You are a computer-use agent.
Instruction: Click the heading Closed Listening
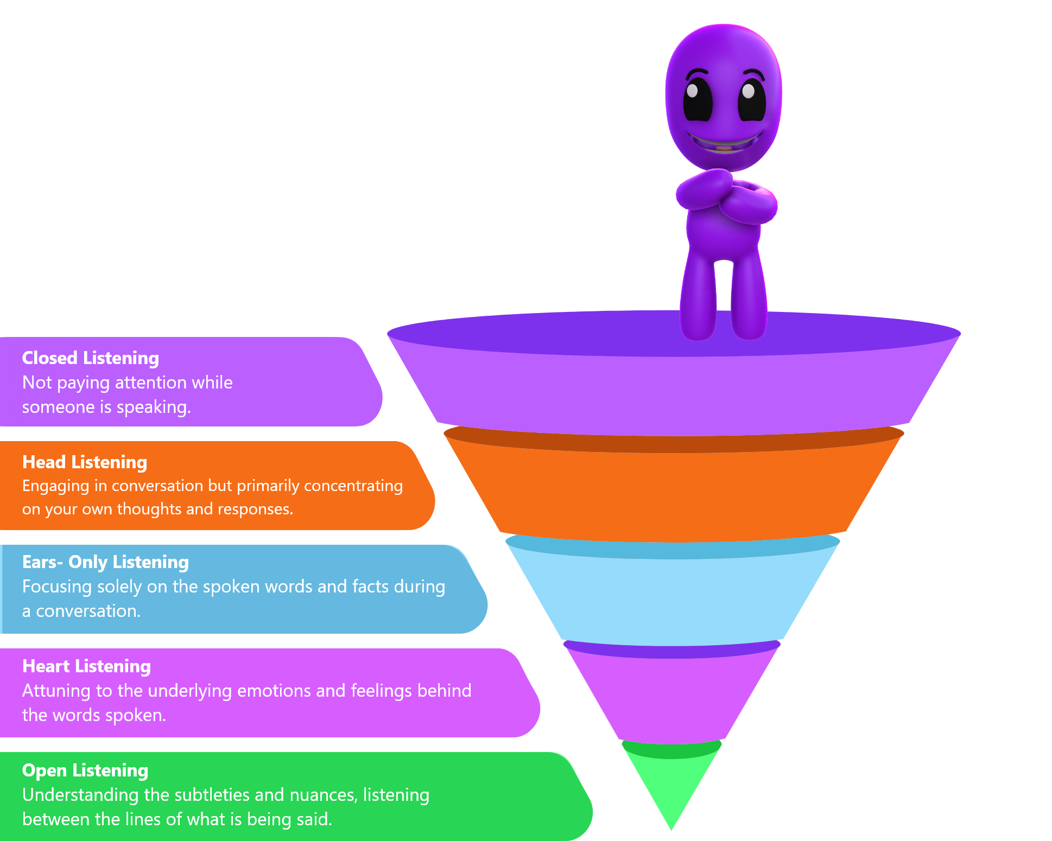pos(90,358)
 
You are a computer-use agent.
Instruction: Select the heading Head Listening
pos(85,462)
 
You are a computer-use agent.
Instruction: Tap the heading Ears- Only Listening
pos(105,562)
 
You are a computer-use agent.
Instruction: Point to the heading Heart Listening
pos(86,666)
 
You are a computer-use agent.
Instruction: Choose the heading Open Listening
pos(85,770)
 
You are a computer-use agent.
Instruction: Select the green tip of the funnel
pos(672,787)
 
